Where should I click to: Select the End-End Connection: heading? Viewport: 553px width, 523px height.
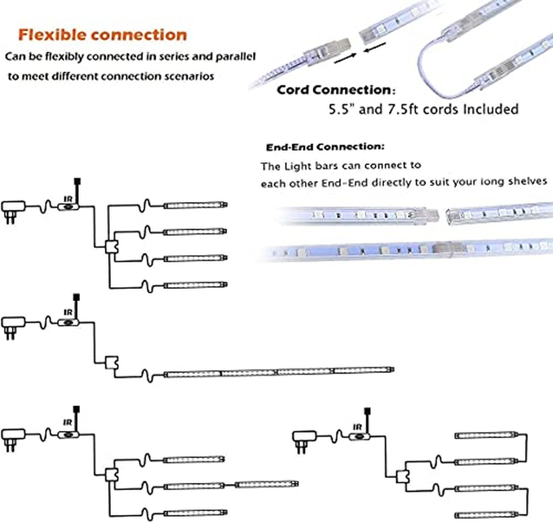coord(325,147)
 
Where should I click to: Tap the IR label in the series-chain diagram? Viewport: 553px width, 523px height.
coord(68,312)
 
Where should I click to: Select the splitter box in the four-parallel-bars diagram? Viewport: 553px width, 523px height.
coord(112,247)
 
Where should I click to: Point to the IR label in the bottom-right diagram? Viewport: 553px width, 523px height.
coord(358,427)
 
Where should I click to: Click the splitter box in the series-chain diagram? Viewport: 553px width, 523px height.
coord(112,362)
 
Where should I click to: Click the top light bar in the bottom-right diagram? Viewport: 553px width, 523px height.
coord(487,435)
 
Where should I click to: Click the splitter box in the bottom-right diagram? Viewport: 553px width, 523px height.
coord(402,476)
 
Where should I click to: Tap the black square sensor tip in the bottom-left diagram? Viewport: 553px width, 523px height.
coord(77,410)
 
